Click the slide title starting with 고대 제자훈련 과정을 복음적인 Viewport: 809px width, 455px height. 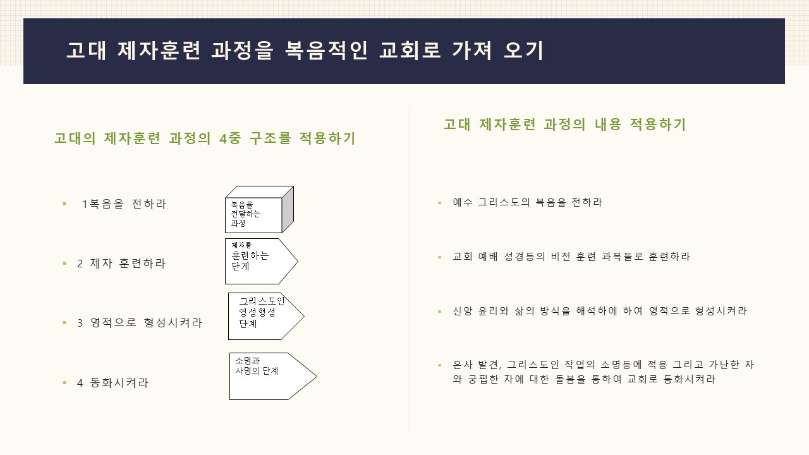pos(305,50)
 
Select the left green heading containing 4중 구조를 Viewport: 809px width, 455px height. pos(205,138)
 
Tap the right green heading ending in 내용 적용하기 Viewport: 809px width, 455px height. pos(564,124)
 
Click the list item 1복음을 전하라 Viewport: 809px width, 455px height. pos(124,204)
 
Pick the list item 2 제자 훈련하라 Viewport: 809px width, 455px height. pos(121,264)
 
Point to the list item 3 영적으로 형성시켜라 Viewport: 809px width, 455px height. pos(140,322)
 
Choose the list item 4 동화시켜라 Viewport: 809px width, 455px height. pos(113,382)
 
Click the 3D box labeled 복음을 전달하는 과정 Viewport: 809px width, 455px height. pos(259,209)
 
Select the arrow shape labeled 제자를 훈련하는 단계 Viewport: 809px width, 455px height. pos(262,261)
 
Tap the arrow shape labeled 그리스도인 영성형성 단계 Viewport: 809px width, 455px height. pos(266,317)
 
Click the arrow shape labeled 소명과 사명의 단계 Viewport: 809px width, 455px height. pos(273,376)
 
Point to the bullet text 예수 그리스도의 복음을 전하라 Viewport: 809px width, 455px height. pos(527,202)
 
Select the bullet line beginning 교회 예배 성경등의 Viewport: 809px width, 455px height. pos(571,257)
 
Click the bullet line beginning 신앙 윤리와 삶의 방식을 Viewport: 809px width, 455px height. pos(600,311)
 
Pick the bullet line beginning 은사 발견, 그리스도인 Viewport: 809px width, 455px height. pos(603,372)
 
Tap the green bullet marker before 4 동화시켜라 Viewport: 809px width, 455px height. pos(64,382)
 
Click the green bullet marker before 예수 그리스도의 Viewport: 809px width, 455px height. pos(439,203)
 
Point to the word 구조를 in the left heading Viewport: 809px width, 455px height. pos(270,138)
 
